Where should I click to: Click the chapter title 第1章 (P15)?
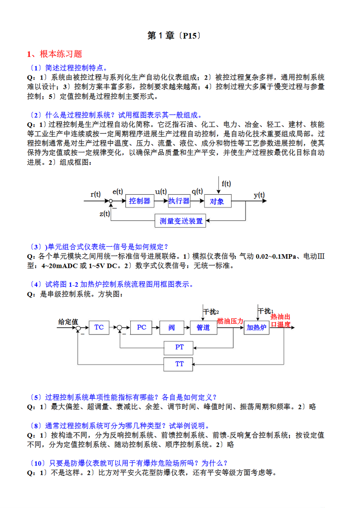174,36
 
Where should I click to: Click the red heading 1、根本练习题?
55,54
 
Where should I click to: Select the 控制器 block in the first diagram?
139,201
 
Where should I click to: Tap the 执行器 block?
179,201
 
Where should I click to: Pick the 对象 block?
218,201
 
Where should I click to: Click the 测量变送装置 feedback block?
180,221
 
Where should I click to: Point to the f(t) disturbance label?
226,184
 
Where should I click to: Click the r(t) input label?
95,194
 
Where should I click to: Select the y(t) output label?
259,195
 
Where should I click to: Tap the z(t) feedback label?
105,214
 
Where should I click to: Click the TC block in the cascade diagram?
99,327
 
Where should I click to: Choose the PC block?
141,327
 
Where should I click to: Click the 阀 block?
172,327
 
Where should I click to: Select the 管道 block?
203,327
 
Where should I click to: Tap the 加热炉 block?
257,327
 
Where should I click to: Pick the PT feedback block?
179,347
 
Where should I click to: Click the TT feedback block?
179,364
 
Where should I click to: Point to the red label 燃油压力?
230,321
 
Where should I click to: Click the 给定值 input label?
68,322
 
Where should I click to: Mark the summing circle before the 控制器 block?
111,201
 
